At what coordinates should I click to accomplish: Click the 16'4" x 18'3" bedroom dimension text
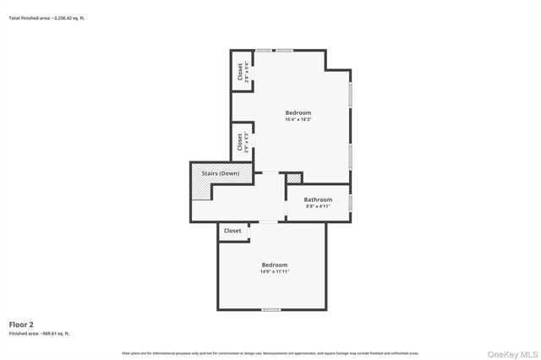[x=298, y=120]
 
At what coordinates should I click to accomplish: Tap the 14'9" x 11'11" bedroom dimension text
[x=275, y=271]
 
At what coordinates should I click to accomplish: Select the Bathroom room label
[x=318, y=199]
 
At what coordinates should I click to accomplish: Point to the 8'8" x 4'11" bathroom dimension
[x=318, y=206]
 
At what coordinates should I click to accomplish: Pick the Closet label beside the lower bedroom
[x=232, y=231]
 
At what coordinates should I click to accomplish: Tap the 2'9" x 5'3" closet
[x=240, y=141]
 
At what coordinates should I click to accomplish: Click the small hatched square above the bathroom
[x=294, y=177]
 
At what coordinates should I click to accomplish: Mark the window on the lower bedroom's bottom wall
[x=270, y=309]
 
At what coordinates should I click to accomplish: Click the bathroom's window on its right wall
[x=351, y=202]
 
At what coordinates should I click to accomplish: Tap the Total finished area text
[x=46, y=17]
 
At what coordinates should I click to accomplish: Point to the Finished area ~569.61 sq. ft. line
[x=40, y=334]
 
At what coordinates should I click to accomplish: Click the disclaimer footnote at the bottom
[x=270, y=353]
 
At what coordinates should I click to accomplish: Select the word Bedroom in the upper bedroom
[x=298, y=113]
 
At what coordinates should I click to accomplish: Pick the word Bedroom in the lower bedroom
[x=275, y=265]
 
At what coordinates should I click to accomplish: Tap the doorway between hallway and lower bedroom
[x=268, y=222]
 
